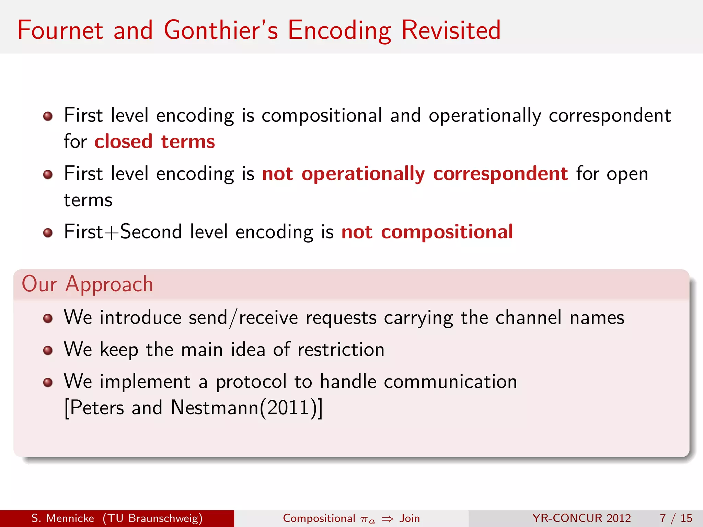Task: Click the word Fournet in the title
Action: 60,30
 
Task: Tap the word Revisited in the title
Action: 451,30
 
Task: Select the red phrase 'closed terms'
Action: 154,141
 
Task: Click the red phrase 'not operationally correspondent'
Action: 415,173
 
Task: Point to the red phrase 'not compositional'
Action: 427,232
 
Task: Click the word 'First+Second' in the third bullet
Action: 123,232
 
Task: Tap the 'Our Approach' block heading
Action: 87,284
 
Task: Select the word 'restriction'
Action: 341,350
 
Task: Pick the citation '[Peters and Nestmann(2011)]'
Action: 193,408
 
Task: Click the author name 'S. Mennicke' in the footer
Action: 62,518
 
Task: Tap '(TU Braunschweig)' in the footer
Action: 152,518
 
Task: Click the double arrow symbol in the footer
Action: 388,519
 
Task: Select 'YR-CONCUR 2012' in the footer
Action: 581,518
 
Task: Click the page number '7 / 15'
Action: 676,518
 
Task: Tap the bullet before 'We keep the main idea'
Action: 48,350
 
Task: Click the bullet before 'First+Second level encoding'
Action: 48,233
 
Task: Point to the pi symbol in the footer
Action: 365,519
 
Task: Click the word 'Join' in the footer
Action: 410,518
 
